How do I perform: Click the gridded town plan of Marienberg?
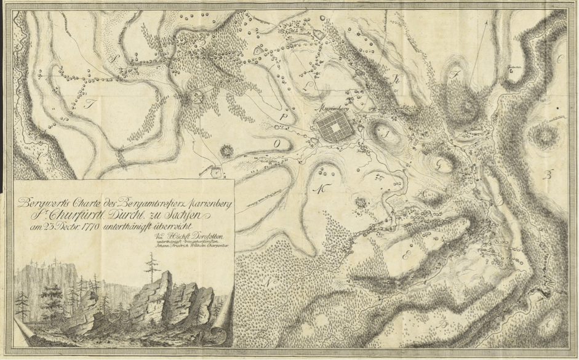336,127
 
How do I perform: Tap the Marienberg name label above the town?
347,106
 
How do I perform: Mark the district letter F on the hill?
456,78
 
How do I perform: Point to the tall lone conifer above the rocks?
148,268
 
